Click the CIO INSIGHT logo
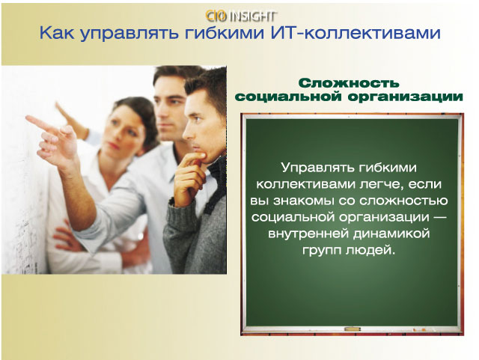pos(241,16)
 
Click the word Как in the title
pos(57,33)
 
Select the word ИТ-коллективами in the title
pos(356,33)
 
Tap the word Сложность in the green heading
pos(349,83)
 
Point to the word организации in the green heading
pos(406,97)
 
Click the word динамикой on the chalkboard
pos(391,234)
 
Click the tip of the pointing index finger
pos(27,118)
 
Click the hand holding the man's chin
pos(189,177)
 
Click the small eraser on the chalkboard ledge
pos(352,329)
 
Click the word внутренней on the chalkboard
pos(308,234)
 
